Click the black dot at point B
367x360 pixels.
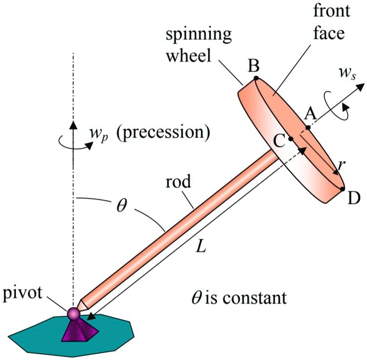coord(256,78)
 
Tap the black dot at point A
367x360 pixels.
coord(307,128)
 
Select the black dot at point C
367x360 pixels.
coord(291,139)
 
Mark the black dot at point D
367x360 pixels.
coord(343,189)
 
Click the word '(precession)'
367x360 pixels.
coord(156,132)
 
